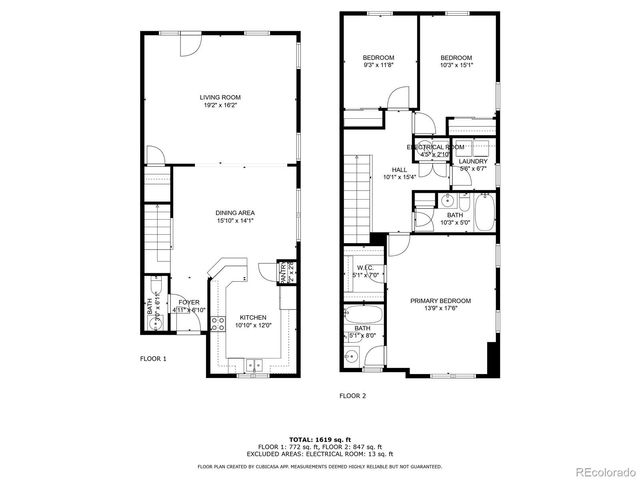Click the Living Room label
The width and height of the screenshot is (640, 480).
(220, 97)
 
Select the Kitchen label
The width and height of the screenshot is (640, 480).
(252, 317)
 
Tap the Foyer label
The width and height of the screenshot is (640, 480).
(189, 302)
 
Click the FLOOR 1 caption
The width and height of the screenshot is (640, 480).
(153, 357)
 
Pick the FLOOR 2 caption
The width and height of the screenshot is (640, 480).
(353, 396)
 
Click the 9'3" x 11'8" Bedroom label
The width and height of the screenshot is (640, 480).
(378, 57)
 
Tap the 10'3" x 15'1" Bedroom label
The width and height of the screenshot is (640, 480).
(456, 57)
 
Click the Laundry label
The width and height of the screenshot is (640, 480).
(473, 161)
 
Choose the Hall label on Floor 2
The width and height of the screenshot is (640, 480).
(399, 170)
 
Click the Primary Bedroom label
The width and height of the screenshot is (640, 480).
(440, 300)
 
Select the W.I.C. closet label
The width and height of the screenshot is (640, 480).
(363, 268)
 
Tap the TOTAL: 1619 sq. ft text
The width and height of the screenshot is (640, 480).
(320, 439)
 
